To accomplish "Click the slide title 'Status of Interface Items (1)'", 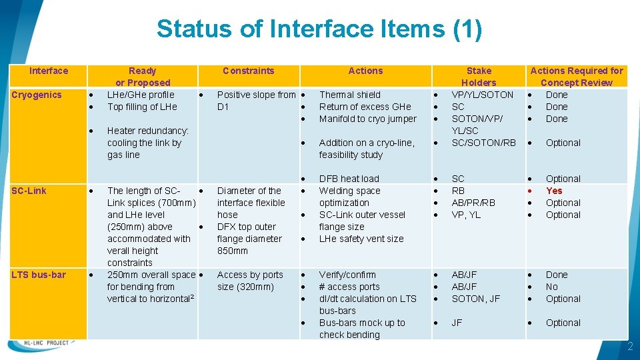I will click(319, 29).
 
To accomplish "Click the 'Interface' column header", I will click(49, 71).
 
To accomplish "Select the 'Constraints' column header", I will click(248, 71).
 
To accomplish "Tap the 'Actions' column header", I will click(365, 71).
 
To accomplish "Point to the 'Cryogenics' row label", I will click(37, 95).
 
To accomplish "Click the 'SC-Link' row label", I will click(29, 191).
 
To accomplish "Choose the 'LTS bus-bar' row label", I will click(39, 275).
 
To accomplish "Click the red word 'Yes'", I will click(554, 191).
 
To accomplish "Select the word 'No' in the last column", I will click(552, 287).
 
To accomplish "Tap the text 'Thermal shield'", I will click(350, 95).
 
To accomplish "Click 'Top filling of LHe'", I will click(142, 107).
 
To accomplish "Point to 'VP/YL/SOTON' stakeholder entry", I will click(483, 95).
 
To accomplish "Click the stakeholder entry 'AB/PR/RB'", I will click(473, 203).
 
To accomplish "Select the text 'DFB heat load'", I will click(349, 179).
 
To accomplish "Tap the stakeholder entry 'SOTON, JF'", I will click(475, 299).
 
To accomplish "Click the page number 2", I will click(629, 347).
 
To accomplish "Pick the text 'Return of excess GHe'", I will click(365, 107).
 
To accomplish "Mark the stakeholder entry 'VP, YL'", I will click(466, 215).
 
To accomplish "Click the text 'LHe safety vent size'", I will click(361, 239).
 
